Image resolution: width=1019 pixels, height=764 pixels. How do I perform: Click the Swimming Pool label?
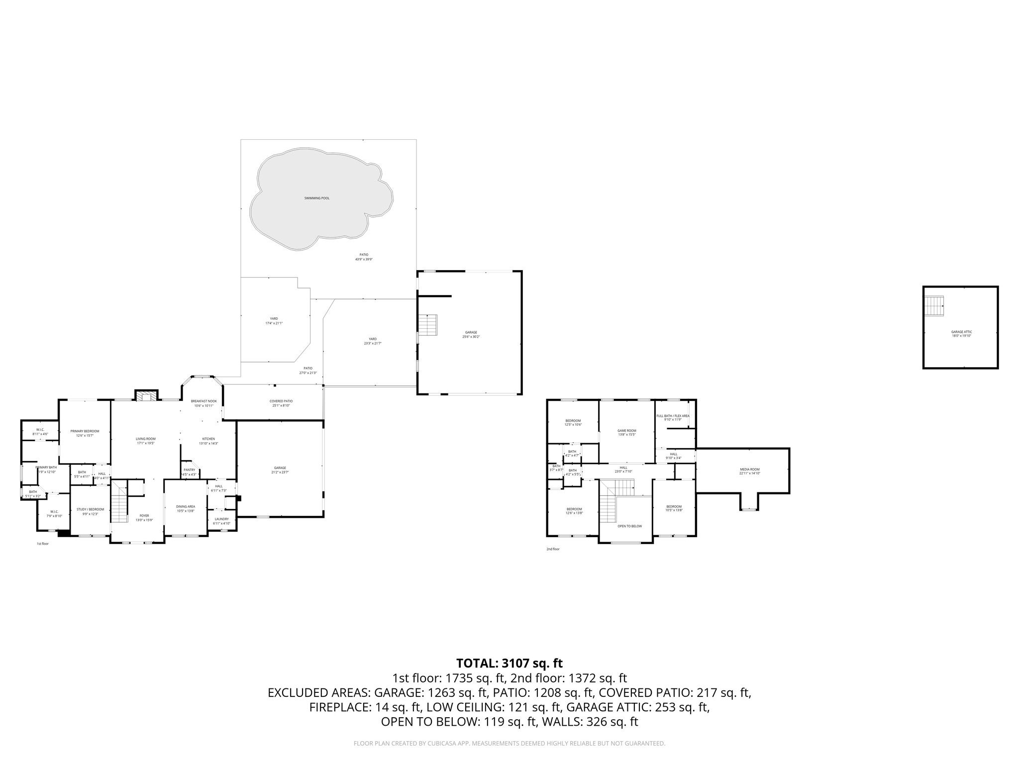click(x=317, y=198)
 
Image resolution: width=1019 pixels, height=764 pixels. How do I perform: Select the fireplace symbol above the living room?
click(x=146, y=396)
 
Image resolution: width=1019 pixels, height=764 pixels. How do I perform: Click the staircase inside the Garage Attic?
click(x=934, y=305)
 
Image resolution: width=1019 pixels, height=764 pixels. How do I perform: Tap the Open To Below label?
click(x=629, y=526)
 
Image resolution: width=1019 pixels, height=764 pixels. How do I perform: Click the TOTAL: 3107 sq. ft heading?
click(x=509, y=663)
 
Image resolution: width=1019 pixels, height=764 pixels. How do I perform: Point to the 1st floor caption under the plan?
click(x=43, y=544)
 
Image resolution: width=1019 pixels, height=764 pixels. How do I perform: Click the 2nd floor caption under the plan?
click(x=553, y=549)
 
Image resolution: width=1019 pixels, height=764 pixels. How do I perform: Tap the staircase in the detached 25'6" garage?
click(x=427, y=325)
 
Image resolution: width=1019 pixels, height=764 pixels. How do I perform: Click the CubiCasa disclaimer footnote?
click(x=509, y=743)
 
